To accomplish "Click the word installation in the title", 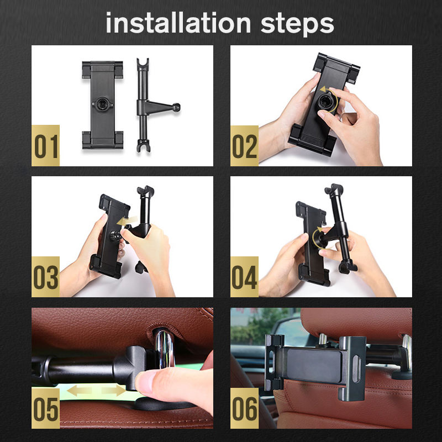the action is pyautogui.click(x=178, y=23).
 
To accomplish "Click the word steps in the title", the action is pyautogui.click(x=297, y=25).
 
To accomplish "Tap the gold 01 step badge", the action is pyautogui.click(x=45, y=145).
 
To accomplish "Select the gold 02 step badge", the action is pyautogui.click(x=244, y=145).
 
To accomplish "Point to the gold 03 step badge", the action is pyautogui.click(x=45, y=277).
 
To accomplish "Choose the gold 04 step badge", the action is pyautogui.click(x=244, y=277).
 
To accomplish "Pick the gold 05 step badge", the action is pyautogui.click(x=45, y=408).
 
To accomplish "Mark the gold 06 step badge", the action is pyautogui.click(x=244, y=408).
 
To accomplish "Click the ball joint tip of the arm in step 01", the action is pyautogui.click(x=176, y=107).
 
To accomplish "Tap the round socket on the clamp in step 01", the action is pyautogui.click(x=102, y=104).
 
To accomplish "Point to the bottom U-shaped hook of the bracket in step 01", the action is pyautogui.click(x=144, y=146).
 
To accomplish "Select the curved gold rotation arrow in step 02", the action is pyautogui.click(x=330, y=99).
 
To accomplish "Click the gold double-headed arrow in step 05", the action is pyautogui.click(x=96, y=391).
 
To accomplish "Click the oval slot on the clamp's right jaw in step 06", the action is pyautogui.click(x=356, y=369).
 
